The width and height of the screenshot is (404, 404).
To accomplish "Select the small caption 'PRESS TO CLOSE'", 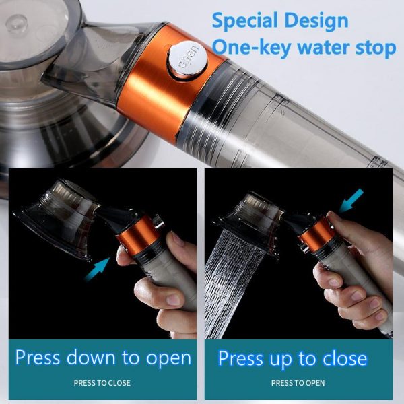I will click(x=102, y=383).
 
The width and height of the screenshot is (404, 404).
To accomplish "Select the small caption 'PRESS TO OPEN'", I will click(x=298, y=383).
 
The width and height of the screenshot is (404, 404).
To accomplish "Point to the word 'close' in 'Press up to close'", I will click(x=343, y=358).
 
